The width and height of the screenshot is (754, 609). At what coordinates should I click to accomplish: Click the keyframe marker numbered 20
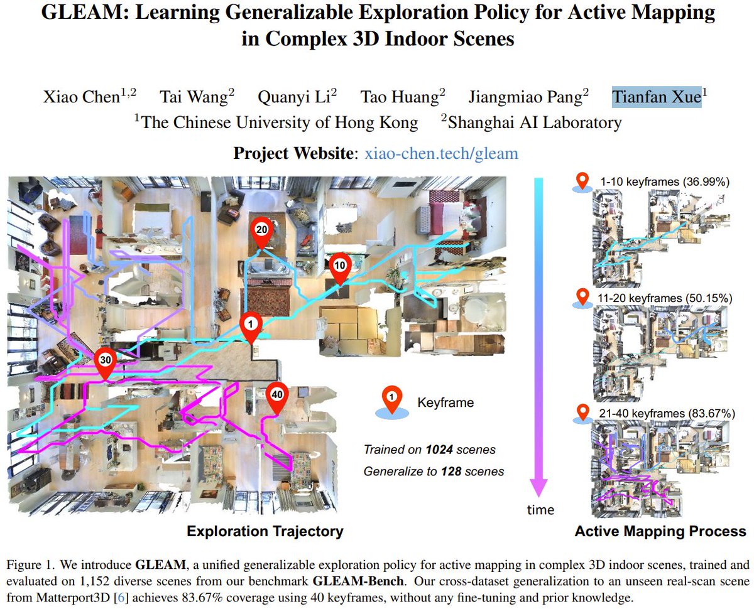click(262, 230)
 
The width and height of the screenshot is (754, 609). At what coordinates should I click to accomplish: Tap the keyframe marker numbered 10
click(339, 265)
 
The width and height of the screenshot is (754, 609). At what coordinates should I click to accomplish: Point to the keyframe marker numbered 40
click(276, 394)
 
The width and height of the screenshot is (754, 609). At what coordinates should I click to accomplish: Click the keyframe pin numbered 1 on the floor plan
click(251, 324)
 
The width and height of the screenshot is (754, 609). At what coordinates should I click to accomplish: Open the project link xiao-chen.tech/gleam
click(441, 153)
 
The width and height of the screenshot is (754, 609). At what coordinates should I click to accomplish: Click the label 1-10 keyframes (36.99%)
click(664, 183)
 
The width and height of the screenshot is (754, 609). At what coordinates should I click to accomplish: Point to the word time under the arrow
click(541, 510)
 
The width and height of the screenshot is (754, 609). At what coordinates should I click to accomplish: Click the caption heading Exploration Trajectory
click(265, 532)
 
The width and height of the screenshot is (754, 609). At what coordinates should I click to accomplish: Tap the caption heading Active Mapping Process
click(660, 532)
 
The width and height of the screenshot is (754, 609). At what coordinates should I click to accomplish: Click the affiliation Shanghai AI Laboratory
click(535, 122)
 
